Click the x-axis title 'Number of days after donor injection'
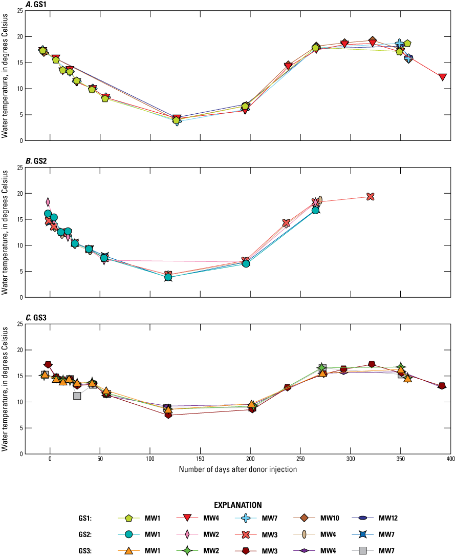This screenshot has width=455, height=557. (x=237, y=469)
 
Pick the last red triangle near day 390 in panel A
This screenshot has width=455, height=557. (x=443, y=77)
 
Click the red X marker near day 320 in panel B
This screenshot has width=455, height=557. (x=371, y=196)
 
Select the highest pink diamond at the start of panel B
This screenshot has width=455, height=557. (x=48, y=202)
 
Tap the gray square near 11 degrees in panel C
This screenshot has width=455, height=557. (x=77, y=396)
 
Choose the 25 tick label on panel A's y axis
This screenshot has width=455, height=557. (x=18, y=11)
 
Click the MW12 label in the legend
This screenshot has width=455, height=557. (x=388, y=518)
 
